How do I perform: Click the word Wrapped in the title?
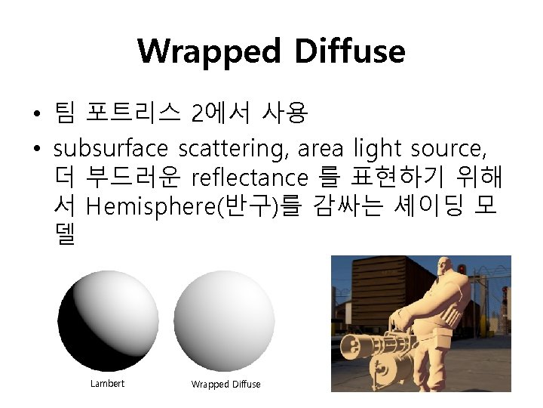click(x=209, y=51)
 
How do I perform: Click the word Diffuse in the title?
click(x=350, y=51)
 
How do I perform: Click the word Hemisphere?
click(x=152, y=207)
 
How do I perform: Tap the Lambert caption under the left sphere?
click(x=107, y=384)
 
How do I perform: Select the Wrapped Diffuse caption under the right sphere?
click(x=225, y=385)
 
